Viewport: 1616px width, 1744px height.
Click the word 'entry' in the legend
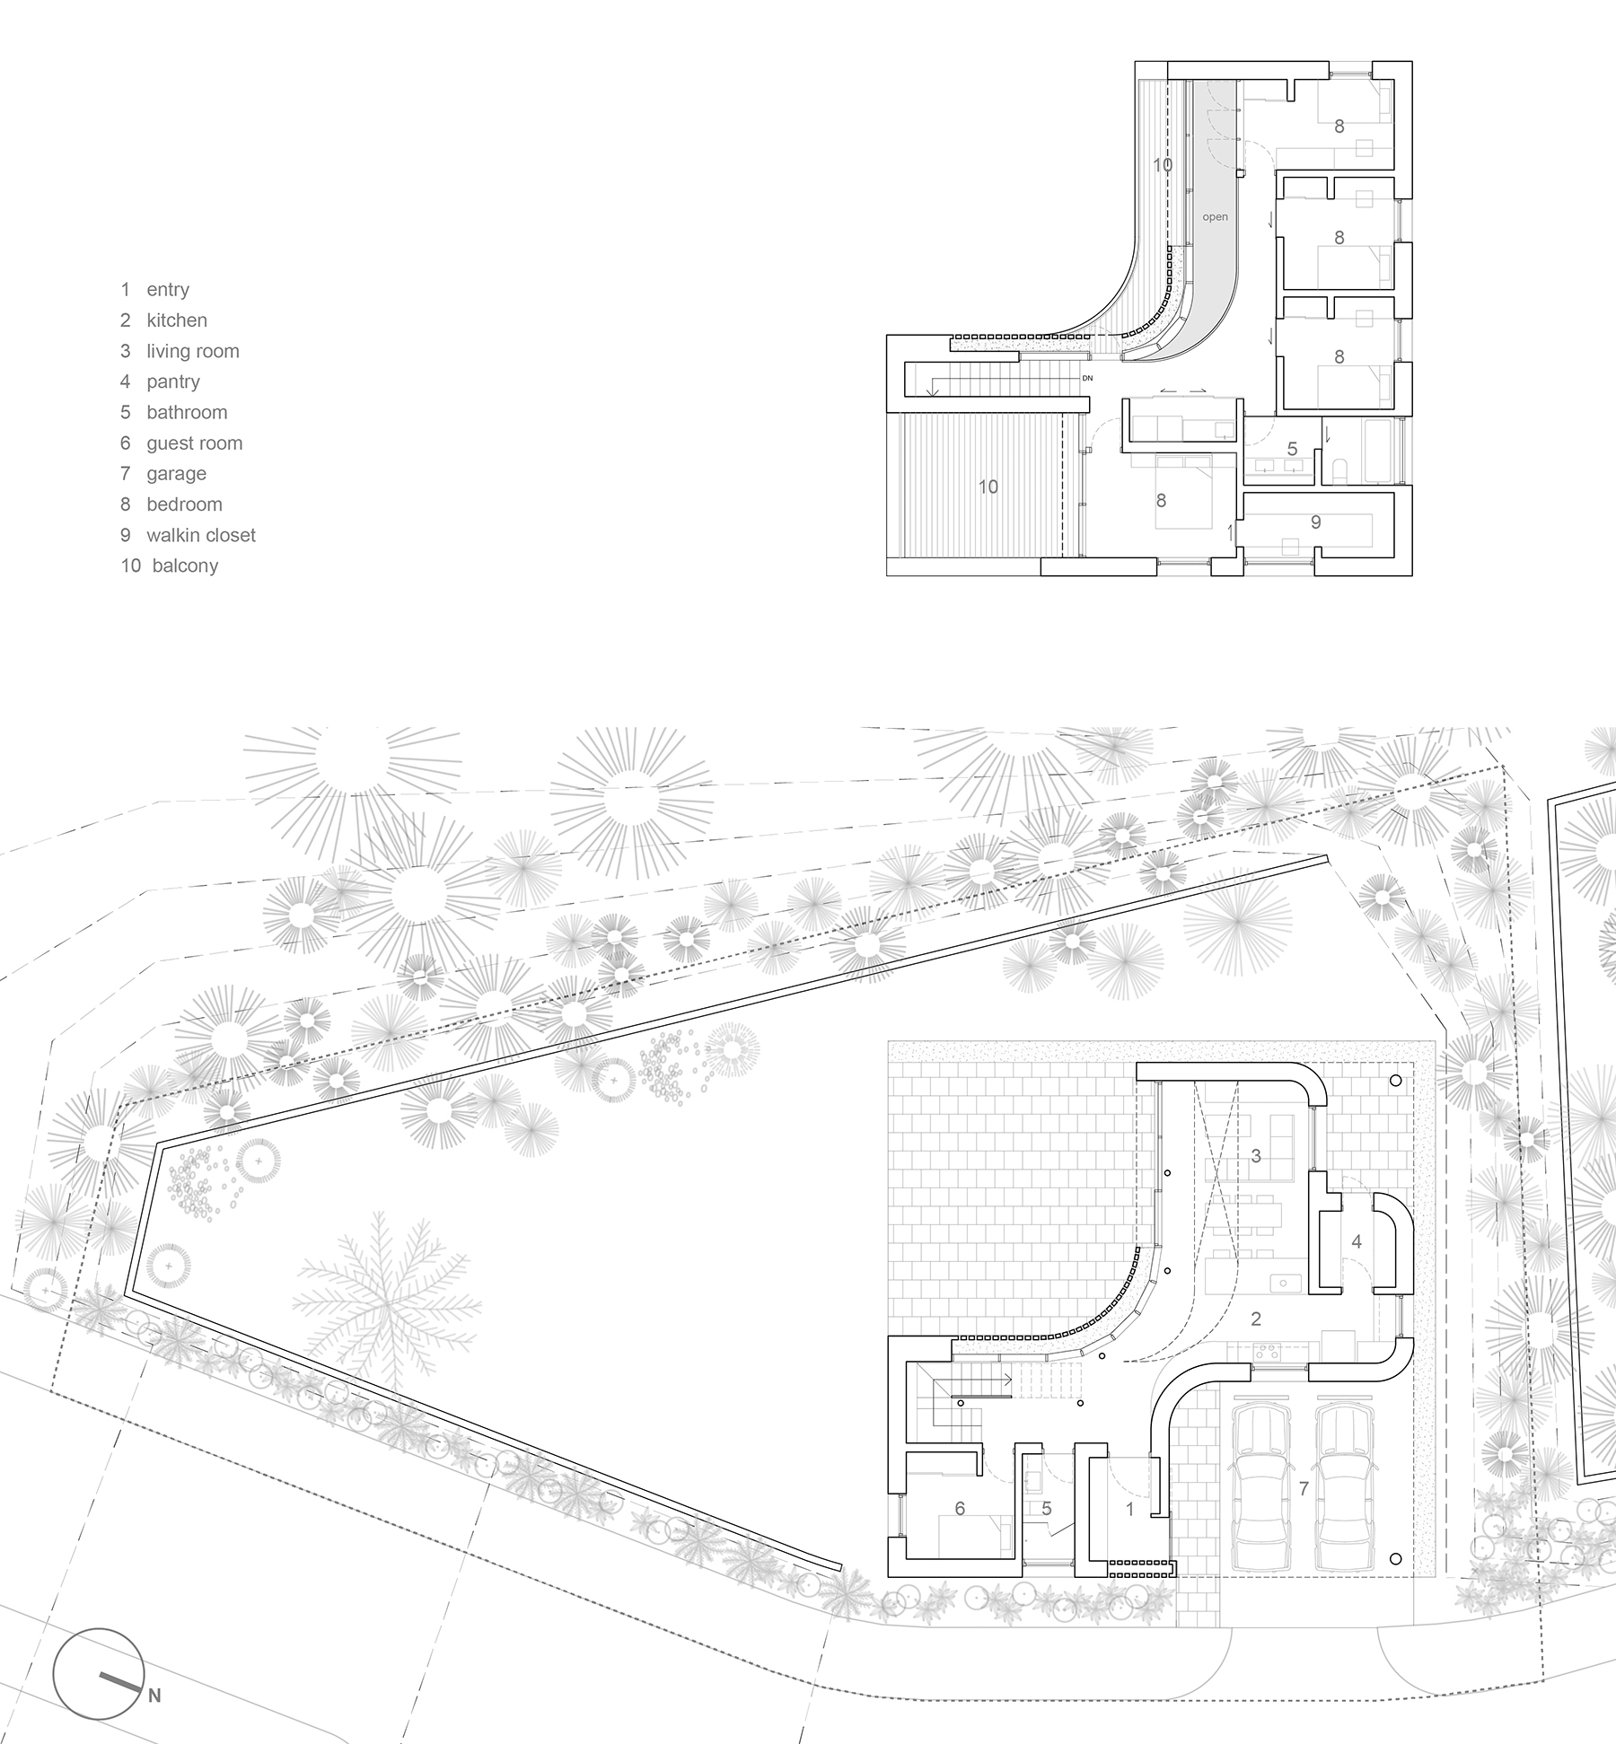tap(168, 290)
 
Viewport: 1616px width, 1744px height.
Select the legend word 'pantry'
tap(173, 382)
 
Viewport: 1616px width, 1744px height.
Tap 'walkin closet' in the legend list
tap(201, 536)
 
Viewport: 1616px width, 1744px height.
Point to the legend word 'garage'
tap(176, 474)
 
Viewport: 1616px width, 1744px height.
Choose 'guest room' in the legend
tap(194, 443)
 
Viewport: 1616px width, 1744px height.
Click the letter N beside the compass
tap(154, 1696)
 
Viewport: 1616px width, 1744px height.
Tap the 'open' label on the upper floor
tap(1215, 217)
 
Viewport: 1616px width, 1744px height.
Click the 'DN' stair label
tap(1087, 379)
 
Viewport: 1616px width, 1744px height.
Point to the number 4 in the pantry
tap(1357, 1241)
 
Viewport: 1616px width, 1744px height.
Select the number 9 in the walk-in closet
tap(1315, 522)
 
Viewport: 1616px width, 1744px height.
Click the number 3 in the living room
tap(1256, 1156)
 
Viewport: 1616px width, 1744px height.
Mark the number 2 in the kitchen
tap(1256, 1319)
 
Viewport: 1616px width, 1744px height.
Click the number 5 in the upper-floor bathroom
tap(1292, 449)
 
